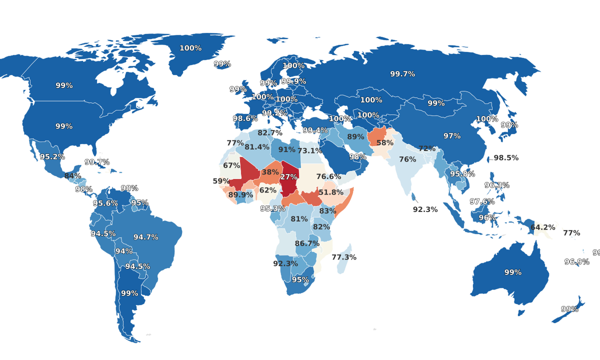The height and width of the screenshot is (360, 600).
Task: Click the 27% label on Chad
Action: pos(288,177)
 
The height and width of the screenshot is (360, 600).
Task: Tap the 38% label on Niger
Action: pos(270,172)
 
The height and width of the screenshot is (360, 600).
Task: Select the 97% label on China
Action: pos(452,136)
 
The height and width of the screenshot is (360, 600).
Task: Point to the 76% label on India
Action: pos(407,159)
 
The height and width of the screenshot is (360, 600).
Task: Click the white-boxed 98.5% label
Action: pos(506,157)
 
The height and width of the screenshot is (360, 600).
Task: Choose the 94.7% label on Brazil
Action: pos(146,237)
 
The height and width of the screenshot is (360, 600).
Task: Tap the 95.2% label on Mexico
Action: pos(52,156)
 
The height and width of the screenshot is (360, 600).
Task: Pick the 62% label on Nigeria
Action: pos(267,190)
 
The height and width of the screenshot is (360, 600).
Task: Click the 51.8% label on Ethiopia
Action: pos(331,192)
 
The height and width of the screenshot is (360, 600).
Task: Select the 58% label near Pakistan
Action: pos(385,142)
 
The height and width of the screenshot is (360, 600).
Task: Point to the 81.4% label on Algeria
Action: pos(257,147)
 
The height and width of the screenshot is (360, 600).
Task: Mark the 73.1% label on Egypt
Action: pos(309,150)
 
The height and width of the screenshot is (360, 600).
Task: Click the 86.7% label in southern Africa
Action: pos(307,243)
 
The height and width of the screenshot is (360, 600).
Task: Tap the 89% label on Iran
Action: pos(355,137)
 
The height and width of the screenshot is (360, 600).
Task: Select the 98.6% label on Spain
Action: pos(245,118)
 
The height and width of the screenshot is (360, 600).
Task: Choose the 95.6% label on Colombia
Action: pos(105,203)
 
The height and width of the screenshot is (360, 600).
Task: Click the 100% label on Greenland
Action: pos(190,48)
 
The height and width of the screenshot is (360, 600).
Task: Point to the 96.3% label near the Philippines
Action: pos(497,185)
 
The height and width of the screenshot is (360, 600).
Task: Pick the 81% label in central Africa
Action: pos(299,219)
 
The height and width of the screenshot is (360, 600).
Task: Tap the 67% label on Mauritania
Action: pos(231,165)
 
